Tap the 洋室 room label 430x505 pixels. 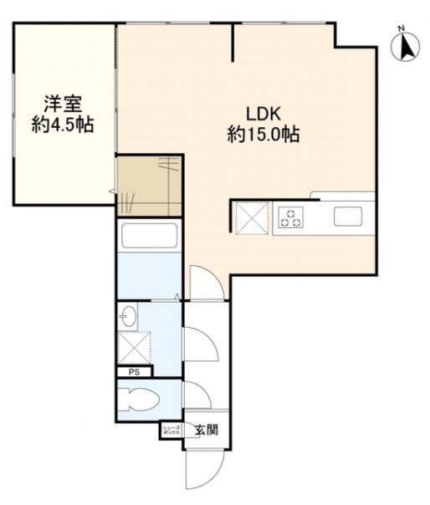63,105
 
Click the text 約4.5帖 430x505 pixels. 63,126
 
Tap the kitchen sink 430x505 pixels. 349,217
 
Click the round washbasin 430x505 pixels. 128,316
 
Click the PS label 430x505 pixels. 134,373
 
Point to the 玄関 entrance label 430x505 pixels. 207,431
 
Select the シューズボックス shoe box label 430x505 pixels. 171,431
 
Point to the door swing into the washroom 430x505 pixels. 197,341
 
